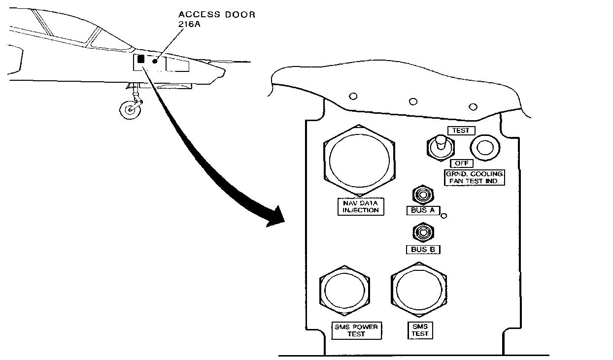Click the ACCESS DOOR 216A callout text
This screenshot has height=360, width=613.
point(217,19)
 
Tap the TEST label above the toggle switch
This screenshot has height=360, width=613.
point(461,131)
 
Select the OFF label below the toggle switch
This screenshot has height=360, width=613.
point(462,164)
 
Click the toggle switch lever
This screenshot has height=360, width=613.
point(441,142)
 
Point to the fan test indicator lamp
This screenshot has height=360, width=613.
point(485,148)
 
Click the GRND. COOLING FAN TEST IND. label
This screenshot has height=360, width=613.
point(474,177)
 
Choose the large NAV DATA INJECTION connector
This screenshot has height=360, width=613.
point(359,161)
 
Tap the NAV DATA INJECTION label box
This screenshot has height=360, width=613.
point(360,206)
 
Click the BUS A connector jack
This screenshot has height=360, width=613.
point(423,195)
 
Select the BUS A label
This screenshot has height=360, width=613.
point(423,210)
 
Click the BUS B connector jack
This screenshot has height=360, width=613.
point(423,232)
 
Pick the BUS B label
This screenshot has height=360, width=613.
point(423,250)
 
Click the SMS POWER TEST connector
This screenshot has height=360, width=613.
point(344,291)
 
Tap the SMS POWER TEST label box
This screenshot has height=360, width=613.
point(356,330)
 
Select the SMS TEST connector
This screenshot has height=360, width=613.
point(419,290)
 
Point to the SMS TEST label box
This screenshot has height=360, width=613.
point(420,330)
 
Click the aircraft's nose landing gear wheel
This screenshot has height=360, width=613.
point(130,110)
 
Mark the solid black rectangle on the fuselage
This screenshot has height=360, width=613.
point(140,59)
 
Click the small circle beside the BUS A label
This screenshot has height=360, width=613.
point(444,216)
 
